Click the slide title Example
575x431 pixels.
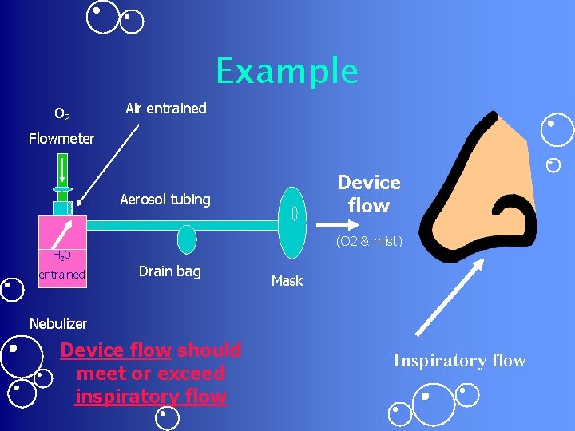click(287, 71)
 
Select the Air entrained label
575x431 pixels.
click(165, 109)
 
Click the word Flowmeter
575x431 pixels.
click(61, 139)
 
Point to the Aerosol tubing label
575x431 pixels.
click(165, 200)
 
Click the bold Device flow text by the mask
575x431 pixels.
click(368, 194)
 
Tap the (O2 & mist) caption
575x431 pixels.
click(368, 241)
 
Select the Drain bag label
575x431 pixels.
click(169, 271)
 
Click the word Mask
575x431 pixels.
click(287, 281)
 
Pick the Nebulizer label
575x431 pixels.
click(57, 324)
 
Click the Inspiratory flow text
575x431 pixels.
click(459, 361)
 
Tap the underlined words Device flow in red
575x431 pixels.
click(116, 350)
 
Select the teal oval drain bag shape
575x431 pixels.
click(186, 239)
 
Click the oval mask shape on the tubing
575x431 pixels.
click(294, 214)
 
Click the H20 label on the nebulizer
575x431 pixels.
click(61, 256)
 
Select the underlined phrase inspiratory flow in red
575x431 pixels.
click(150, 397)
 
